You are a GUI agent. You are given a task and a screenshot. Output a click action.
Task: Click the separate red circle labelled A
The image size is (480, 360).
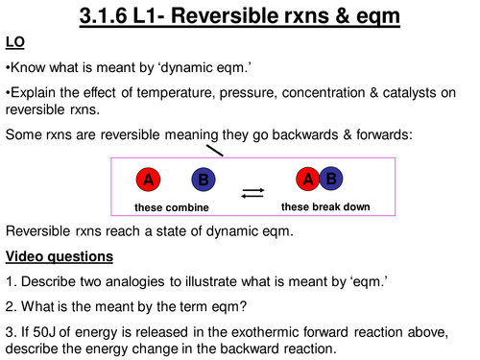[148, 180]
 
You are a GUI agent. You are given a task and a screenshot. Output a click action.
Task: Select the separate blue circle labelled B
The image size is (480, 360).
[203, 180]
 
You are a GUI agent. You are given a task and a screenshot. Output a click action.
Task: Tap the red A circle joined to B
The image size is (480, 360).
[308, 180]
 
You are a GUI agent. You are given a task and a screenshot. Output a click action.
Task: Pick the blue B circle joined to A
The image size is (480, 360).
[329, 179]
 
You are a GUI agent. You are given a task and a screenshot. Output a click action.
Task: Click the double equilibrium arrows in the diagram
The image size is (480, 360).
[252, 193]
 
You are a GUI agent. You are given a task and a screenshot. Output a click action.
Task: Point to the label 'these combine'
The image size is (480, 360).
[172, 207]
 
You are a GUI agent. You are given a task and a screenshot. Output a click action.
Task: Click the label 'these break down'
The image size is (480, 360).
[324, 206]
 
